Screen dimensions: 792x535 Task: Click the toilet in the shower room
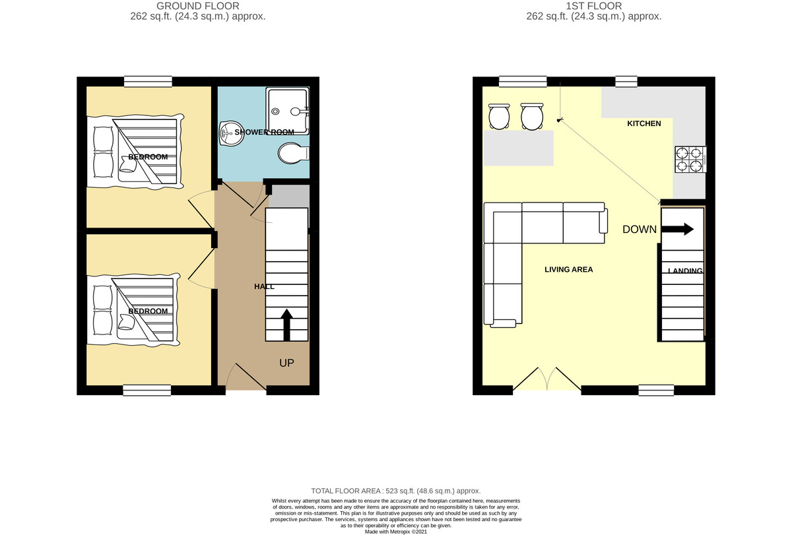pyautogui.click(x=293, y=153)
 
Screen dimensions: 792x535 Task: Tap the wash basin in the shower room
pyautogui.click(x=231, y=133)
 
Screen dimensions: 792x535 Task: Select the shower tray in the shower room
pyautogui.click(x=288, y=111)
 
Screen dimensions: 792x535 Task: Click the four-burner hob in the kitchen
pyautogui.click(x=690, y=160)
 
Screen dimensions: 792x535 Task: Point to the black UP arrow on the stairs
pyautogui.click(x=286, y=325)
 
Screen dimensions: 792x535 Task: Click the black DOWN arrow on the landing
pyautogui.click(x=677, y=229)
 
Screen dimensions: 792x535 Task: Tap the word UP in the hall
pyautogui.click(x=286, y=363)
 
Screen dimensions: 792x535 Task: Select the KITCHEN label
pyautogui.click(x=644, y=123)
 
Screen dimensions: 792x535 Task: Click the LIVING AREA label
pyautogui.click(x=568, y=269)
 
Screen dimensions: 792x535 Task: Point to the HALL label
pyautogui.click(x=264, y=286)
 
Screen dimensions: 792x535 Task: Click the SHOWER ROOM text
pyautogui.click(x=264, y=132)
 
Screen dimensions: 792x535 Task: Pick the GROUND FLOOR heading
pyautogui.click(x=197, y=6)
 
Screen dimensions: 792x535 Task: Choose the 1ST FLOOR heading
pyautogui.click(x=593, y=6)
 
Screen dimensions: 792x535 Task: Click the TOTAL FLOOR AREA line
pyautogui.click(x=395, y=491)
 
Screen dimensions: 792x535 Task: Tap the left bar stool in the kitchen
pyautogui.click(x=499, y=116)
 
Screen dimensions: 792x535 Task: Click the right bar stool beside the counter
pyautogui.click(x=532, y=116)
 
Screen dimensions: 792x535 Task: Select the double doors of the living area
pyautogui.click(x=547, y=379)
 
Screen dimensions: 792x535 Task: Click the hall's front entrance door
pyautogui.click(x=246, y=377)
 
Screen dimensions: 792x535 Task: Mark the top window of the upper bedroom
pyautogui.click(x=148, y=82)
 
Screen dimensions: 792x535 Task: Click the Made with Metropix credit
pyautogui.click(x=395, y=532)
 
